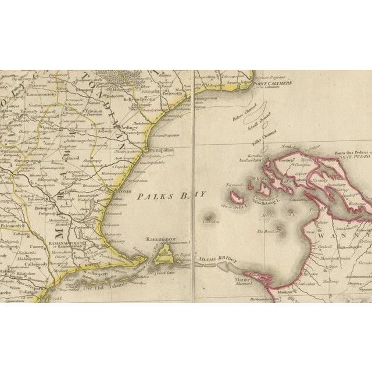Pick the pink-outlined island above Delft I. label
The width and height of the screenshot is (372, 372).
[237, 197]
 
